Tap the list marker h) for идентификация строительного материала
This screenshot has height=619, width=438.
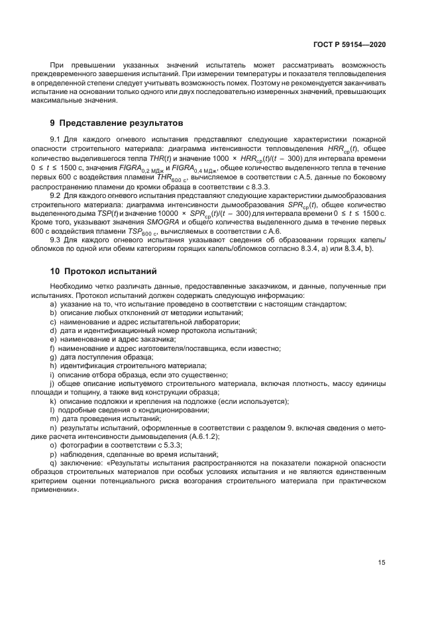pos(53,365)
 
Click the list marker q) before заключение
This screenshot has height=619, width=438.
pos(53,463)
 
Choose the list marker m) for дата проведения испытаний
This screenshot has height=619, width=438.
pos(54,419)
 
